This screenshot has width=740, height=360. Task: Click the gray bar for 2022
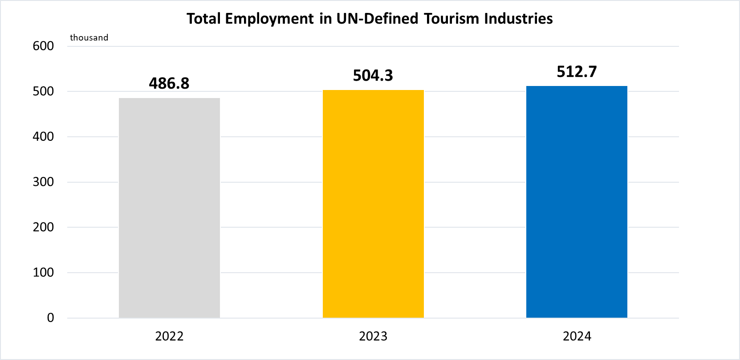click(x=169, y=208)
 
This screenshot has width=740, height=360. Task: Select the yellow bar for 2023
click(x=373, y=204)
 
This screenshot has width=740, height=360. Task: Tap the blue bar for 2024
click(x=577, y=202)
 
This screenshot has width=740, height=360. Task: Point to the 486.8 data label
click(x=169, y=83)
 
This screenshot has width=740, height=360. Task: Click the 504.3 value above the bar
click(x=373, y=76)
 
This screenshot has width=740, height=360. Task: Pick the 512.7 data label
click(x=577, y=72)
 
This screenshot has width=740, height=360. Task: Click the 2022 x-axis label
click(x=169, y=336)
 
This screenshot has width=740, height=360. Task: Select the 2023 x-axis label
click(x=373, y=336)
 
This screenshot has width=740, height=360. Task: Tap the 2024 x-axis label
click(x=577, y=336)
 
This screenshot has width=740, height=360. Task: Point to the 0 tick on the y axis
click(x=50, y=318)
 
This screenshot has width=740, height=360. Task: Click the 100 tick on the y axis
click(x=43, y=272)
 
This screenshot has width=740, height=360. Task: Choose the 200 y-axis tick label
click(x=43, y=227)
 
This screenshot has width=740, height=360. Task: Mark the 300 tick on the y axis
click(x=43, y=182)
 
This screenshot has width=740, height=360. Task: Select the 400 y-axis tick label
click(x=43, y=136)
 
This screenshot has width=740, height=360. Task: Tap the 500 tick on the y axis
click(x=43, y=91)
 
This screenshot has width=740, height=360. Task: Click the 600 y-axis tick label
click(x=43, y=46)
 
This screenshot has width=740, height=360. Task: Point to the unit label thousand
click(x=89, y=38)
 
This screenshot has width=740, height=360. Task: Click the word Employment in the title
click(x=269, y=19)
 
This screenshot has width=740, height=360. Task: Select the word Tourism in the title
click(x=452, y=19)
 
